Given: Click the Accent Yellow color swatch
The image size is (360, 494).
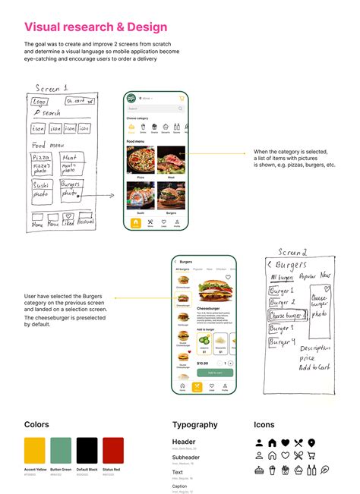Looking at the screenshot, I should point(35,451).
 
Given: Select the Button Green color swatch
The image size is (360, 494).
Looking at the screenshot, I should point(61,451).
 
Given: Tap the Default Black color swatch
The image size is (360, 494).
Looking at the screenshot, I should point(87,451).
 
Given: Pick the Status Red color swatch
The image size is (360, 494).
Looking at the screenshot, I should point(113,451).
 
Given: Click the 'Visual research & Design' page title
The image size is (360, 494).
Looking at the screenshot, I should point(96,27).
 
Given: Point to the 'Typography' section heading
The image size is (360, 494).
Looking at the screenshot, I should point(195,425).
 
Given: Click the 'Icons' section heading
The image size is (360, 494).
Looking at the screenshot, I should point(264,425).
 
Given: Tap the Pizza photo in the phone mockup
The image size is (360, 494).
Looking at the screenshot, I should point(141,160).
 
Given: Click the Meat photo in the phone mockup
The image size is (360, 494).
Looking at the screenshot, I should point(172,160).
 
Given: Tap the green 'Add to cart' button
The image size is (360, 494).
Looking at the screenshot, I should point(215,373).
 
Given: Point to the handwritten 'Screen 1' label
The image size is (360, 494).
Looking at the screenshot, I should point(52,88).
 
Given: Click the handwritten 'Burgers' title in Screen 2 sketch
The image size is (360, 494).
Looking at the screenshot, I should point(292,265).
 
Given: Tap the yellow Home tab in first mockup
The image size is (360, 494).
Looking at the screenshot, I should point(136,222).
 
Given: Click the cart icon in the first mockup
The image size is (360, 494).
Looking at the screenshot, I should point(182,99).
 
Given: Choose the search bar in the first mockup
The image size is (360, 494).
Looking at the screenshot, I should point(156,109).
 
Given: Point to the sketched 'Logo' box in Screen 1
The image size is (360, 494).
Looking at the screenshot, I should point(40,101).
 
